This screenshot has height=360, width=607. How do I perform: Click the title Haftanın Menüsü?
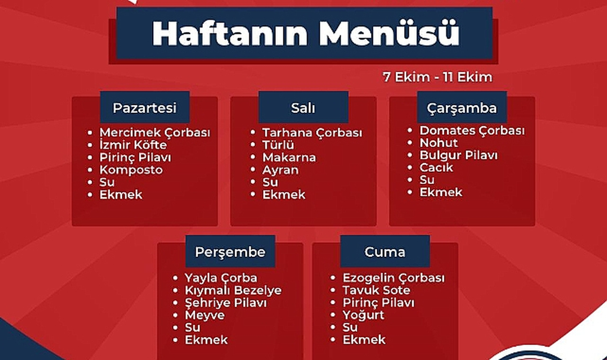306,34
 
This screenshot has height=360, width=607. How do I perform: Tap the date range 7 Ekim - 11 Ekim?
438,77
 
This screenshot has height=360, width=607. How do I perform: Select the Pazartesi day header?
145,108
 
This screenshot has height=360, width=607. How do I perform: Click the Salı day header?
303,108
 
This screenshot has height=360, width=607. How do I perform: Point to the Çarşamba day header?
461,108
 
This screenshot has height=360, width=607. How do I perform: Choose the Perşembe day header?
230,251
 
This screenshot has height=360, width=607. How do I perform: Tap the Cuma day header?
385,251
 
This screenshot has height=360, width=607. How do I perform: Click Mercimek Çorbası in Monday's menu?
155,133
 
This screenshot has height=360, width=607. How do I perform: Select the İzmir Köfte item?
133,145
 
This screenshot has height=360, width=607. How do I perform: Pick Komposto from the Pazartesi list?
131,170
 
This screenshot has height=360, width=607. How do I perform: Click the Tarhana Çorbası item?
312,133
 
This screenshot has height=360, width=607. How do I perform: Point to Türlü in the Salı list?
278,145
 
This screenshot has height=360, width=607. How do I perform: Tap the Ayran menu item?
280,170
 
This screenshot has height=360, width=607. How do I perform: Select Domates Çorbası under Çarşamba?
472,130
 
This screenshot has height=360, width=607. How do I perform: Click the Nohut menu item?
439,143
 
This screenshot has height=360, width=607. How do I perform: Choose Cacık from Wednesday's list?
436,167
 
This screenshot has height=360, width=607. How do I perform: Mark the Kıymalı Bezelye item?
233,290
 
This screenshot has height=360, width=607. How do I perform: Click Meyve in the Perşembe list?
205,315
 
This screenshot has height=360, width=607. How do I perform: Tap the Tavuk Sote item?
377,290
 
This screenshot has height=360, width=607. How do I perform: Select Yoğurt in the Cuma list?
363,315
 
